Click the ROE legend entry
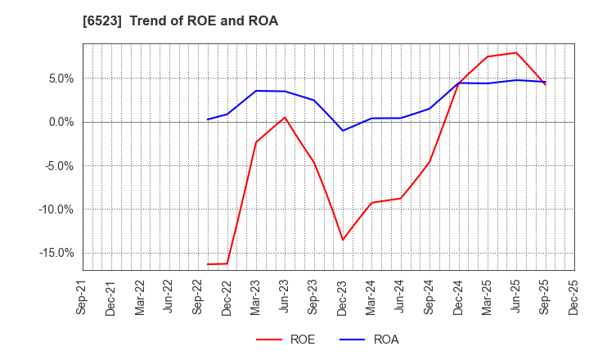286,340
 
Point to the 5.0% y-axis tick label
60,79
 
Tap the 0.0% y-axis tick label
60,122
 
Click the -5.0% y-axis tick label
58,166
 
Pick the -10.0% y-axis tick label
56,209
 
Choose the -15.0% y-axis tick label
56,253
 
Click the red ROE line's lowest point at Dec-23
343,240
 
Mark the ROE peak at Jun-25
516,52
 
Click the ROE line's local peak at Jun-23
285,117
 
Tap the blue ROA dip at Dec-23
343,131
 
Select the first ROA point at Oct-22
208,119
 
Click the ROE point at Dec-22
227,263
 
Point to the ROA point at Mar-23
256,91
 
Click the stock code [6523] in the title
101,21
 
